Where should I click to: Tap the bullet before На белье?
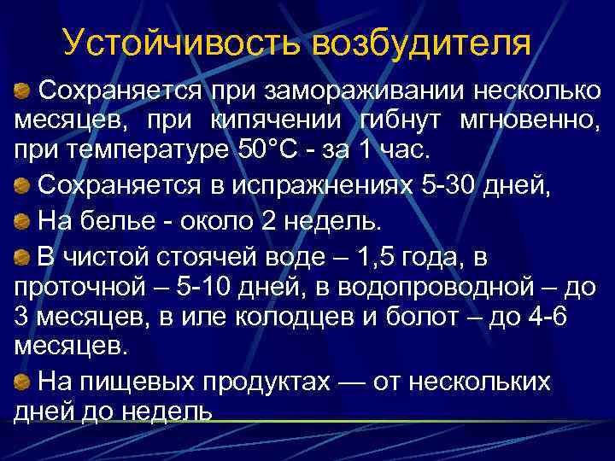23,222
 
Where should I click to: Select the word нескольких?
479,382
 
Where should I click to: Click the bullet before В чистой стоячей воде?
23,257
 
